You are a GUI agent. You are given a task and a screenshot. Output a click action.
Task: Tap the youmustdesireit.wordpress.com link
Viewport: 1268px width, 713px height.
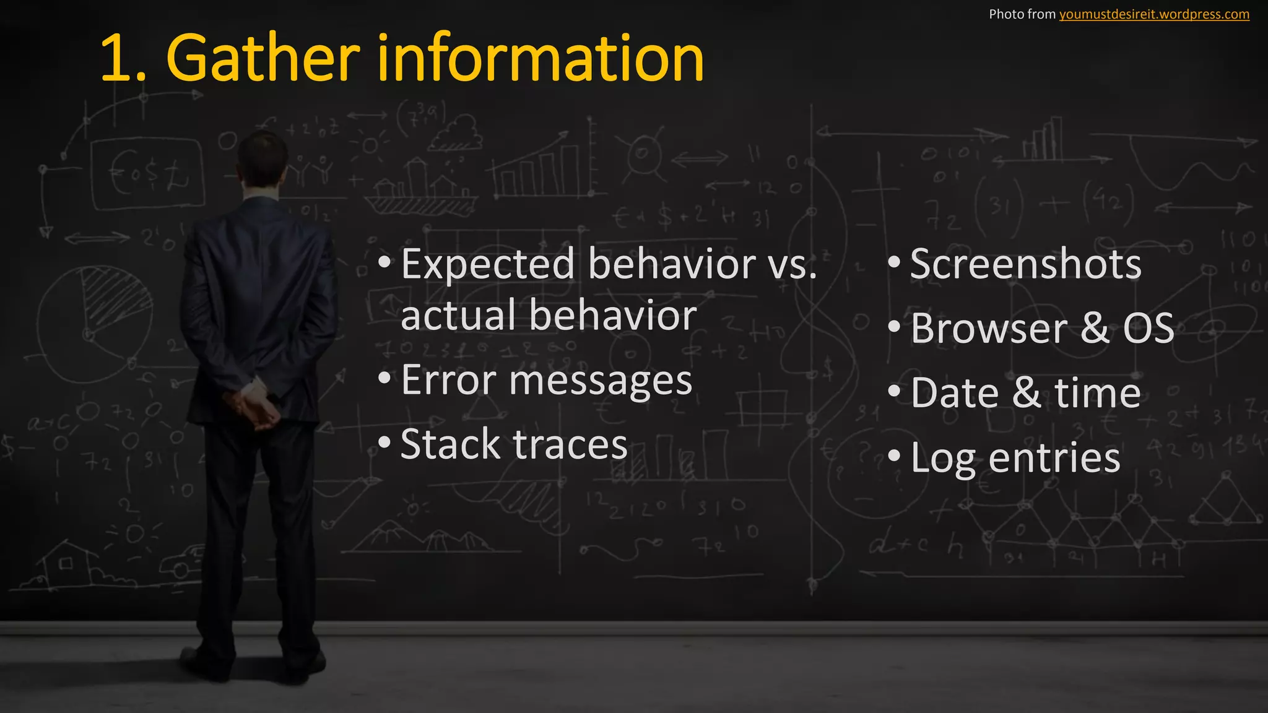(1154, 14)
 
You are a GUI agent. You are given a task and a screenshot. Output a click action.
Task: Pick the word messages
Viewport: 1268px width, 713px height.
(600, 381)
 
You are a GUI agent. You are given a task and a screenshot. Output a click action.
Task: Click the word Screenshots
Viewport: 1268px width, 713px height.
(1025, 264)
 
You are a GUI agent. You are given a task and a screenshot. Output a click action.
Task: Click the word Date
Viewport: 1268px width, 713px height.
(955, 393)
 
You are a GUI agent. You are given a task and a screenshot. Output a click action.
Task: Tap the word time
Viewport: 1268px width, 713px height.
(1097, 393)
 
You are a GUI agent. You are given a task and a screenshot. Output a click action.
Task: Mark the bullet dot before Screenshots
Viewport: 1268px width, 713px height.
(893, 262)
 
